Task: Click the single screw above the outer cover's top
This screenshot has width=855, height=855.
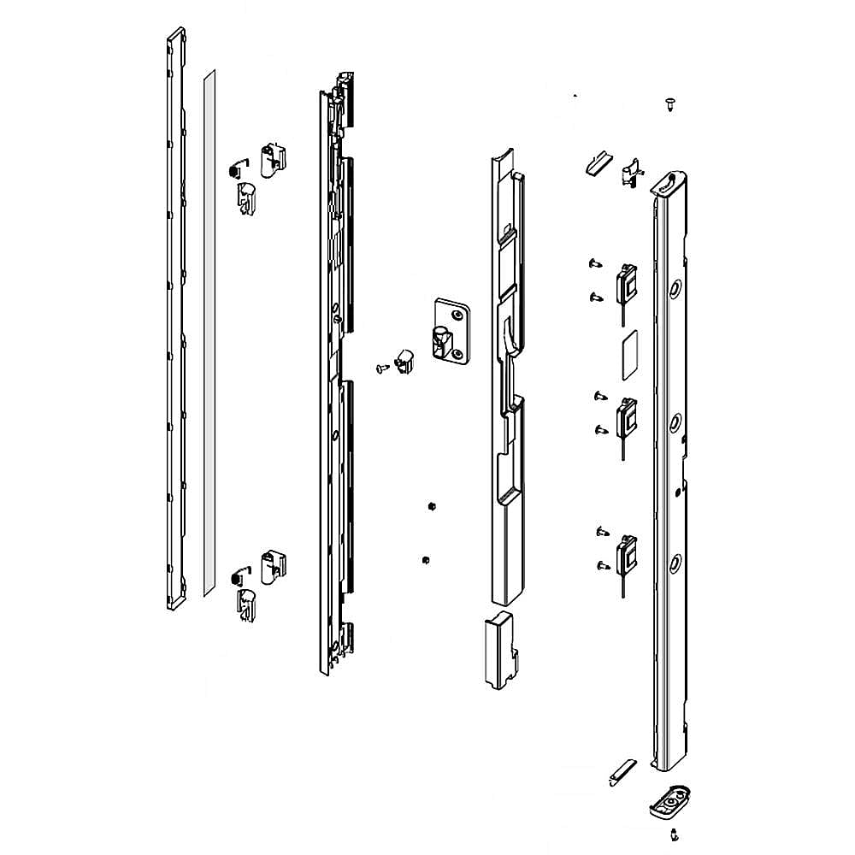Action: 669,105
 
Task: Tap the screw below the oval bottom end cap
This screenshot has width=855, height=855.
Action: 675,834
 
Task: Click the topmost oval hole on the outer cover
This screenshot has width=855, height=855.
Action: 675,289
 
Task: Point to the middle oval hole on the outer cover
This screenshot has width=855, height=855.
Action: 675,421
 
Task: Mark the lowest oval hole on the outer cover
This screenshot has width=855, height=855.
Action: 675,562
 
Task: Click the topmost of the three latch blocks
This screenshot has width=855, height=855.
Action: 628,282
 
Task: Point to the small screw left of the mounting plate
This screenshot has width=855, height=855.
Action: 380,367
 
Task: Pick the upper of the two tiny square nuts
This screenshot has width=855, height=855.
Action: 433,506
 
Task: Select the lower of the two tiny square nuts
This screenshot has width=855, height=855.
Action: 426,560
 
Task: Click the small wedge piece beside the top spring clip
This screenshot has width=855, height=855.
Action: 595,162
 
